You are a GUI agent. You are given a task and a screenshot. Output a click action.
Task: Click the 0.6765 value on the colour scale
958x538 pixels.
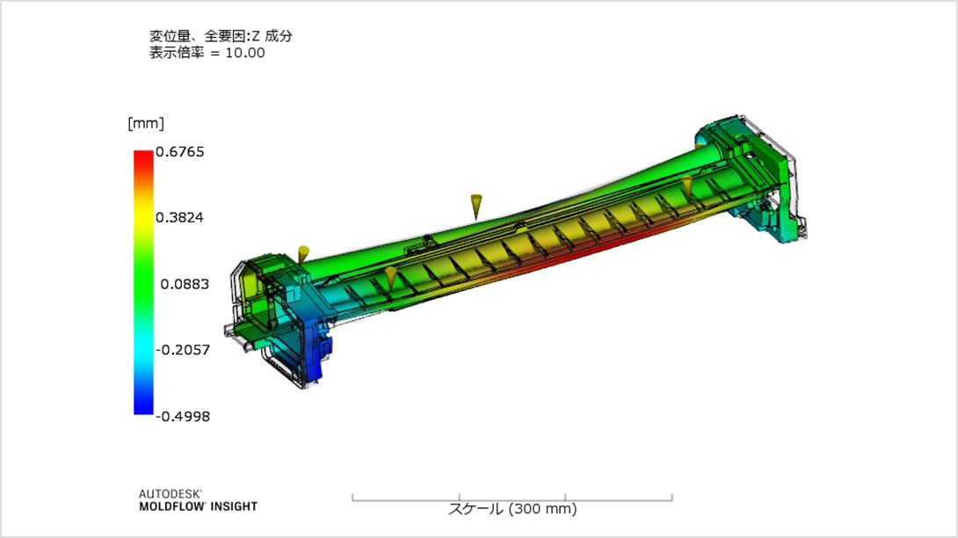(x=179, y=151)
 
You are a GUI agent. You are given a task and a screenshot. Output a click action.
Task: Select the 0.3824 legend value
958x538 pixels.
(x=179, y=218)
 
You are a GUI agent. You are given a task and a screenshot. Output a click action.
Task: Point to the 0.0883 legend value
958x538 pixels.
(x=185, y=284)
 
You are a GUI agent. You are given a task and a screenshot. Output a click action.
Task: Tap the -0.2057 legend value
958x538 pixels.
(x=183, y=350)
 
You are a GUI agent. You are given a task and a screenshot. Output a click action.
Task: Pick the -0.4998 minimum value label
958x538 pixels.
(x=183, y=417)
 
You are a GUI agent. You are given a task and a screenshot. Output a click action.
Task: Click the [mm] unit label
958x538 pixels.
(x=146, y=123)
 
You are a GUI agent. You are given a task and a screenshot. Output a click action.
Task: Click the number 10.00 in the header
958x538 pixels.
(x=245, y=54)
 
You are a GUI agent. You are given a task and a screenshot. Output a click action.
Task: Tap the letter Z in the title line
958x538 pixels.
(x=256, y=37)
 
